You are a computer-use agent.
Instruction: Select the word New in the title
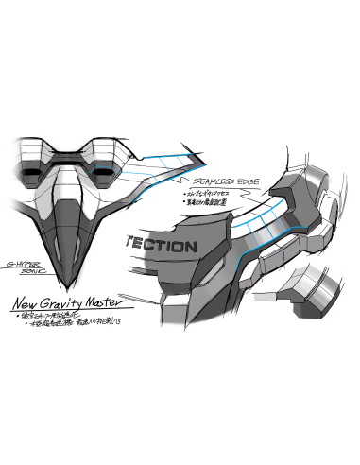(29, 304)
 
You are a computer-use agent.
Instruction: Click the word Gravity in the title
(74, 304)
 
